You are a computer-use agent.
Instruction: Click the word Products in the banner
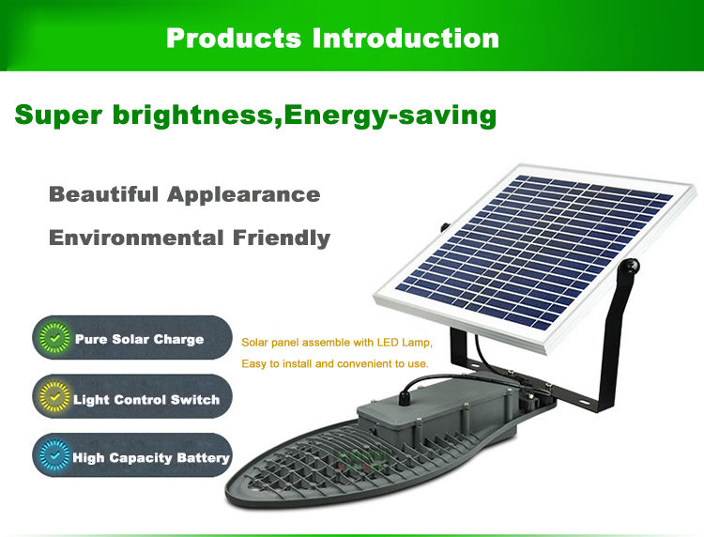click(x=234, y=38)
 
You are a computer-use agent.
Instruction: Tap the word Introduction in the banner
click(x=406, y=38)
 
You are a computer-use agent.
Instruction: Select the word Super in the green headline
click(x=58, y=115)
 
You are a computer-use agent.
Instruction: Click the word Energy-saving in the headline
click(x=390, y=115)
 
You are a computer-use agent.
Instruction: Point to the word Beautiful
click(x=103, y=194)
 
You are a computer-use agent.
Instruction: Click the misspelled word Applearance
click(x=244, y=195)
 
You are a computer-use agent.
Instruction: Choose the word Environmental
click(x=136, y=238)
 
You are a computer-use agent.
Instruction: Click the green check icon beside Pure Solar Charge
click(x=54, y=338)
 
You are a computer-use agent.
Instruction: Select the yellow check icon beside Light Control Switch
click(x=54, y=397)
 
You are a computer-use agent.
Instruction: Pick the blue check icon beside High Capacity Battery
click(x=54, y=455)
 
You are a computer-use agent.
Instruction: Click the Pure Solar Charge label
click(x=139, y=340)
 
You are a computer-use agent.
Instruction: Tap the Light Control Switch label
click(x=146, y=400)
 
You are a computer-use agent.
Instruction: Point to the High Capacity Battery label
click(x=151, y=458)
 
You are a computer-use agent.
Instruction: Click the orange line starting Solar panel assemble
click(x=337, y=343)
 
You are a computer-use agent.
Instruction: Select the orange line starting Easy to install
click(x=335, y=363)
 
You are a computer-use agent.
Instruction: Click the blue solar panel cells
click(x=534, y=252)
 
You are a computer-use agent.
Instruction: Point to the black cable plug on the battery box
click(x=406, y=397)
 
